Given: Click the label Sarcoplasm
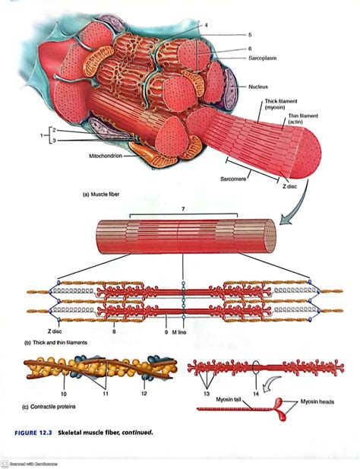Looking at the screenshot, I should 265,59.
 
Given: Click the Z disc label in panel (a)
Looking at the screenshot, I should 290,185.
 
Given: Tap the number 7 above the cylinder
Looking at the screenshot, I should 183,208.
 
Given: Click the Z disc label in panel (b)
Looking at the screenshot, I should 54,332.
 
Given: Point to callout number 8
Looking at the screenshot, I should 113,332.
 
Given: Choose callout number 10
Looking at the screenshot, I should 64,394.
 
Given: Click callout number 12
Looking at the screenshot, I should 143,394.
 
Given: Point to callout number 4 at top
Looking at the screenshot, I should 205,25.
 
